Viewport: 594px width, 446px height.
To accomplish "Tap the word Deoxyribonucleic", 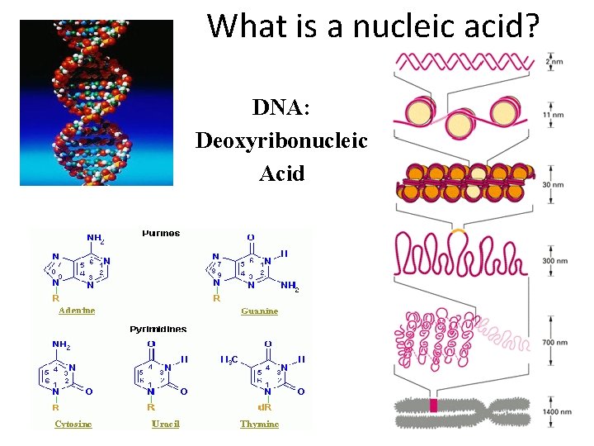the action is point(281,140).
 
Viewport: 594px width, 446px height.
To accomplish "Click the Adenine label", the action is point(77,311).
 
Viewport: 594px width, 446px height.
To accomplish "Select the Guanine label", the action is point(259,311).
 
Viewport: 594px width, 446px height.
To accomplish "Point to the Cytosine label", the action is point(73,424).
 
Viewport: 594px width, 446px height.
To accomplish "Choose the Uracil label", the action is point(165,424).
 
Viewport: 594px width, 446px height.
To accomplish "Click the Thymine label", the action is point(259,424).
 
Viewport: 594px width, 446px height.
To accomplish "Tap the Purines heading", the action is point(161,233).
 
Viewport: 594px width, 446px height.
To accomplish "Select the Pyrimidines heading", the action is point(158,329).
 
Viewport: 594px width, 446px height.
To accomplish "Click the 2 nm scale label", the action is point(554,62).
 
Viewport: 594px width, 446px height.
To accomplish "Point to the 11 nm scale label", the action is point(554,115).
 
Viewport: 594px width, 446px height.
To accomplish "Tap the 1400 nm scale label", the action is point(557,411).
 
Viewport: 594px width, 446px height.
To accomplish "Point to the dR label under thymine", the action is point(265,406).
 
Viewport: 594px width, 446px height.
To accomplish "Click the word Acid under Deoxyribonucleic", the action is point(281,173).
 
